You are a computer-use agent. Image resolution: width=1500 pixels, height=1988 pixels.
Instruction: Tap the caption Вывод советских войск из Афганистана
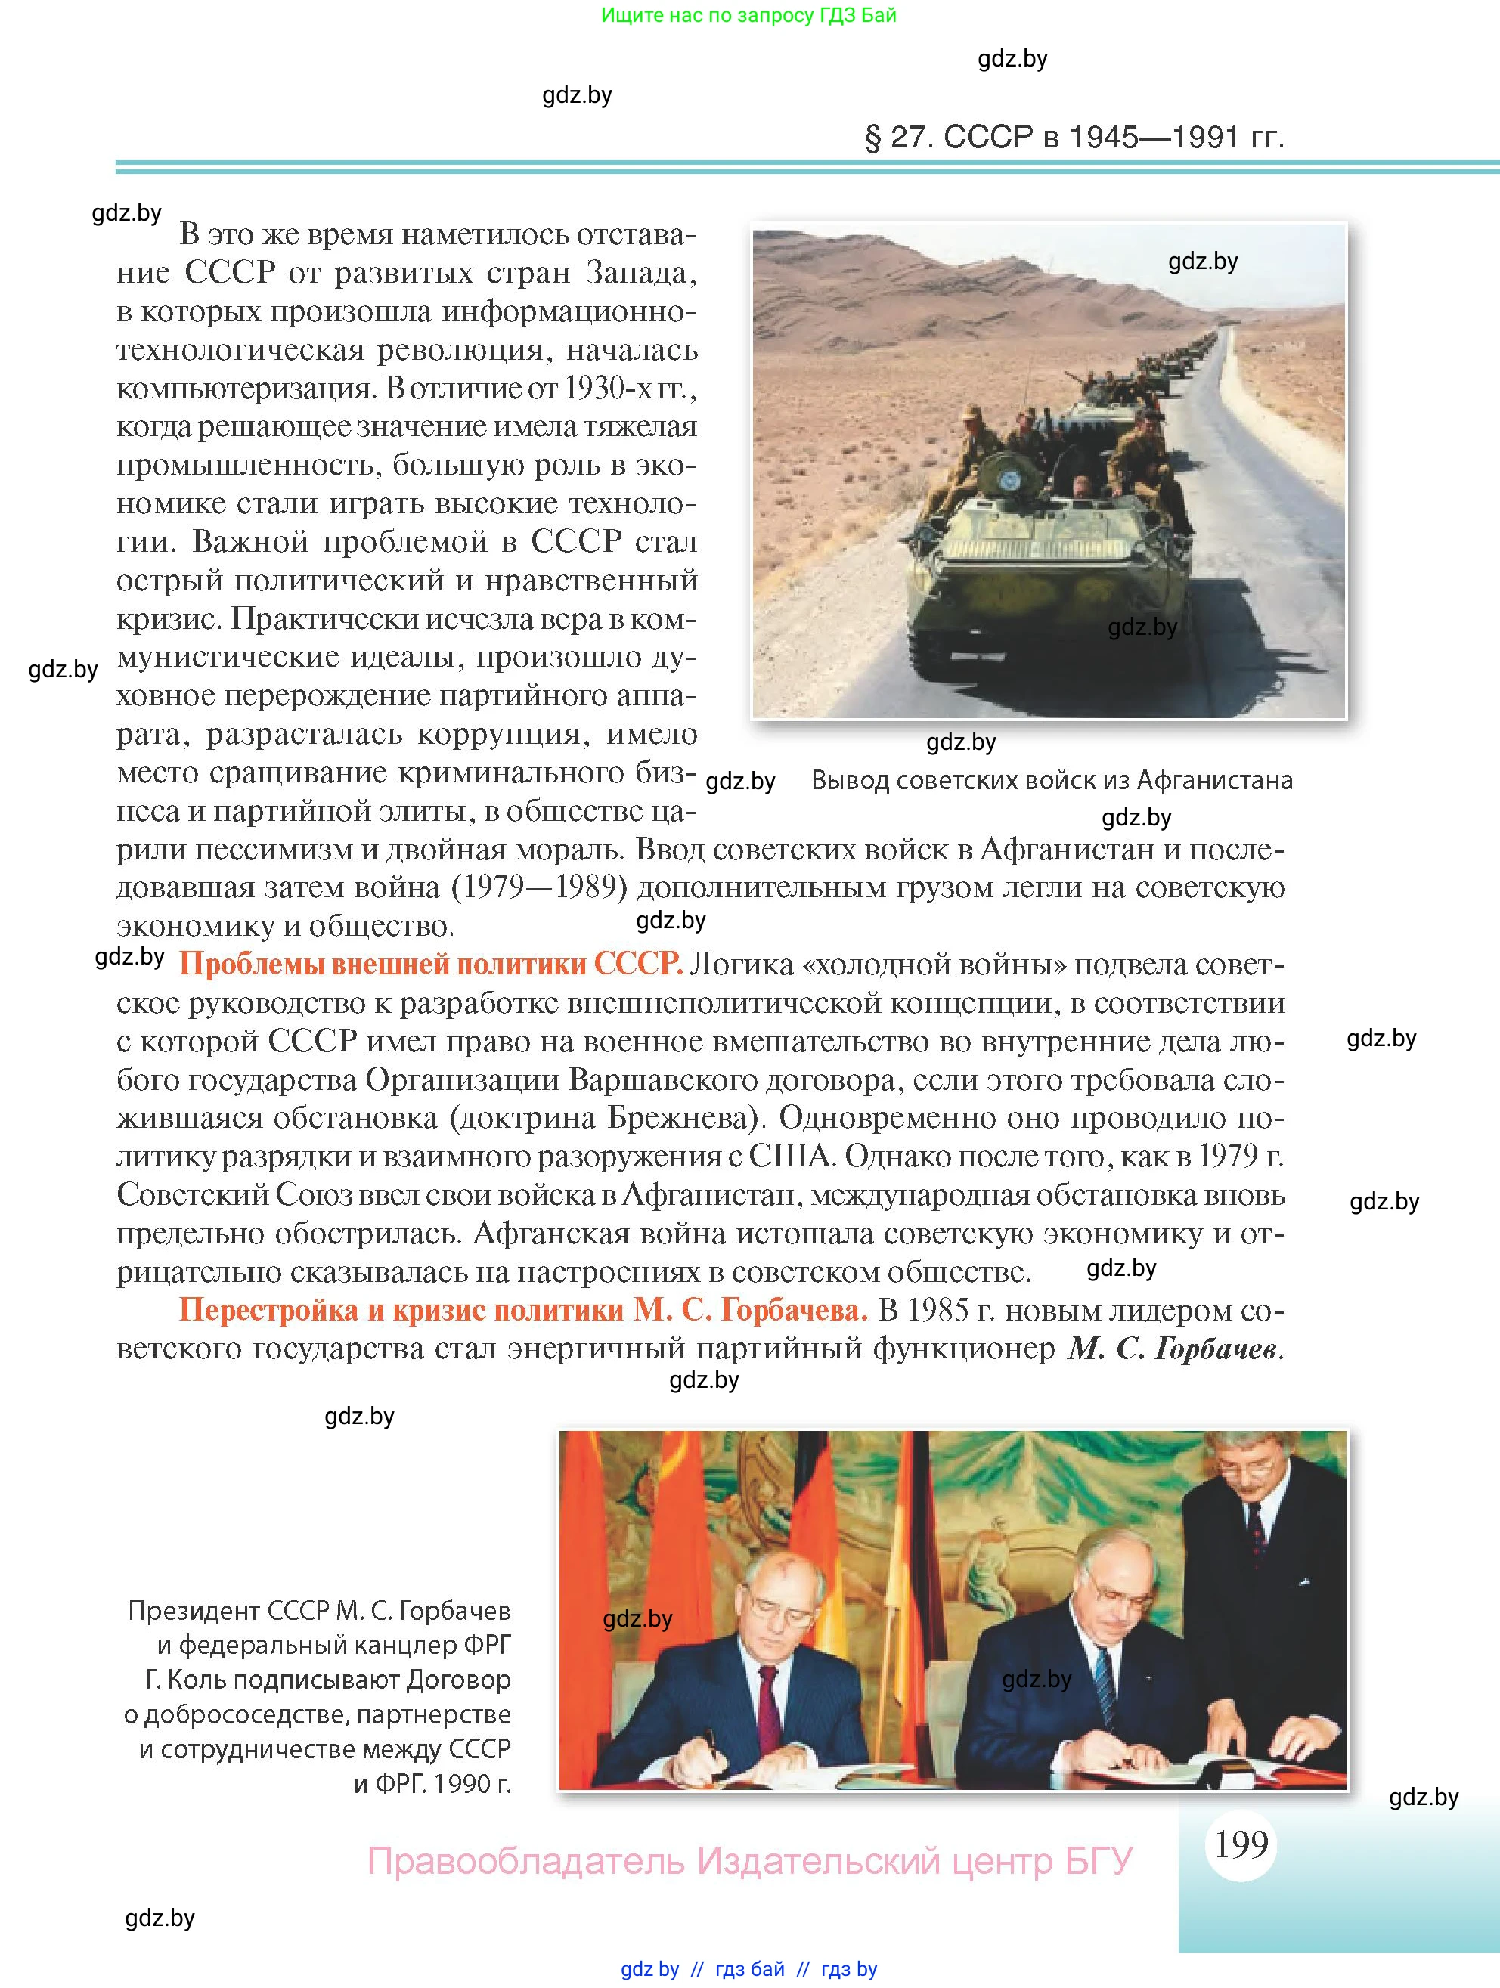1052,780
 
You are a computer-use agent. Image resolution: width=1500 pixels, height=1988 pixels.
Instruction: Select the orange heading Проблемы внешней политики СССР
430,965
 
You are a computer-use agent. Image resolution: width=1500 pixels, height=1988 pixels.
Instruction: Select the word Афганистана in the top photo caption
1214,780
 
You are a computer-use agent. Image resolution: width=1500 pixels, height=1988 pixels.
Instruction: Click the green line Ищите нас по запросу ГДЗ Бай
748,15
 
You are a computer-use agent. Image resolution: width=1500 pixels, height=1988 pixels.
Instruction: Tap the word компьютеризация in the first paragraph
246,389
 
